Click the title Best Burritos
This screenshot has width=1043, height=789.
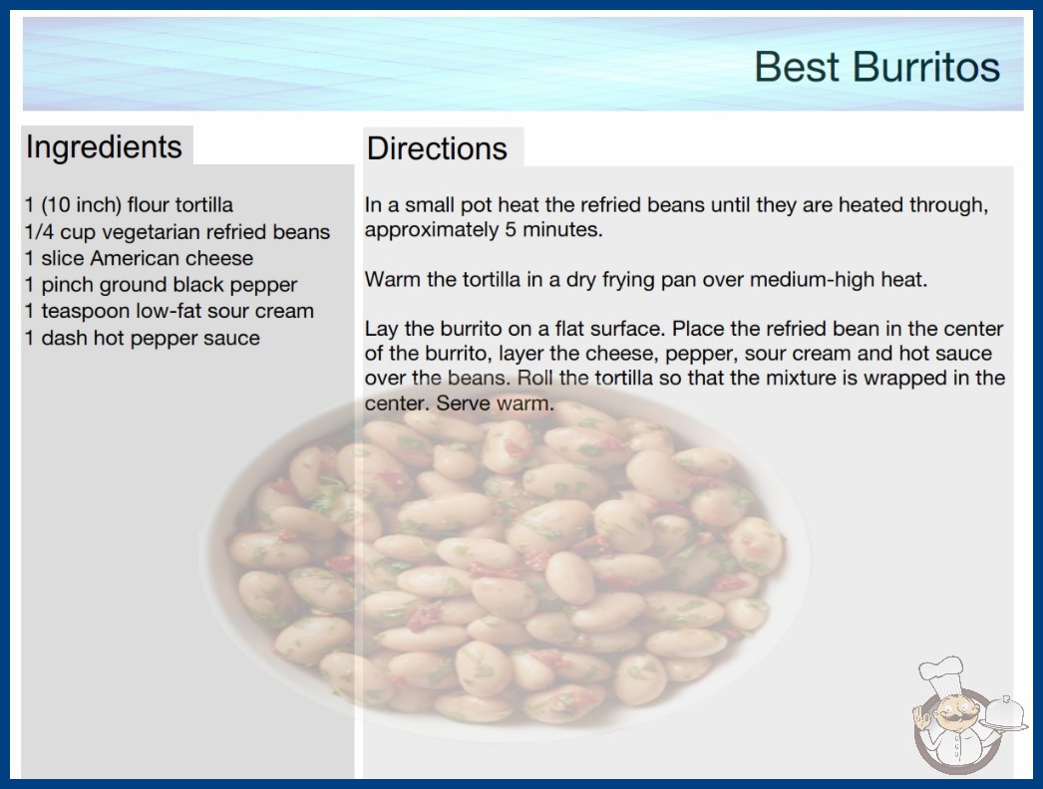[876, 67]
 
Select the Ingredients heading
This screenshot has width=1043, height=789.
[104, 147]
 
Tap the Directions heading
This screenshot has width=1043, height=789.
[437, 148]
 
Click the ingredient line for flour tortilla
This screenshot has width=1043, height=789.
[129, 205]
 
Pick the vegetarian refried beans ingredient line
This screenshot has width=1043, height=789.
[176, 232]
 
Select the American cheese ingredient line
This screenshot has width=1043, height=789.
[139, 258]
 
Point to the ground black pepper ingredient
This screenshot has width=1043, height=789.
[161, 285]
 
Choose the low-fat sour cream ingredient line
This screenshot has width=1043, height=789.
[169, 311]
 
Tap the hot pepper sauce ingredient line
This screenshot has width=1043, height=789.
[143, 339]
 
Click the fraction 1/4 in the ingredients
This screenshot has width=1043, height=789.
[39, 232]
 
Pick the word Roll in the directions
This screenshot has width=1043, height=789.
[535, 379]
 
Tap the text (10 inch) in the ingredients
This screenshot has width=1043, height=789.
[81, 205]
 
